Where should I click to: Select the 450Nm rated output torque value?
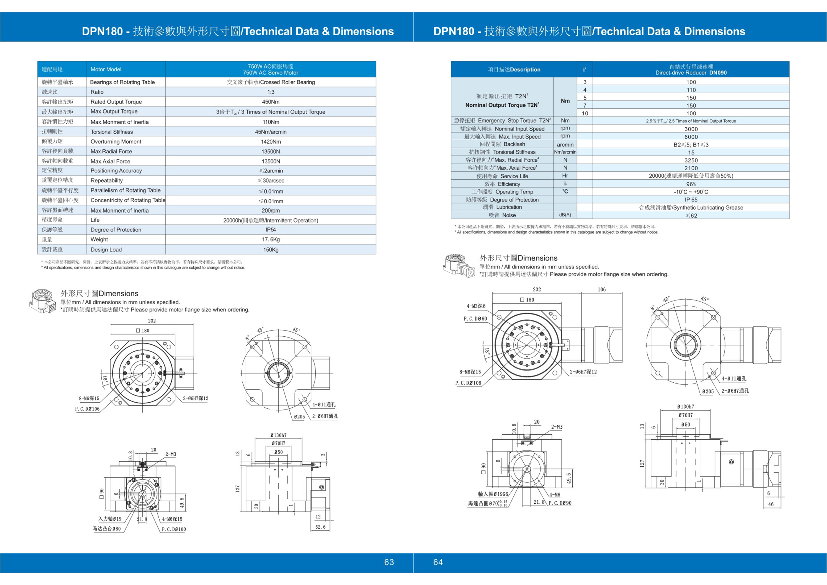[x=270, y=102]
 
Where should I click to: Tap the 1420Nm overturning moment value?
[x=270, y=142]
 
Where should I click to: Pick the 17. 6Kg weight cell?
[x=270, y=240]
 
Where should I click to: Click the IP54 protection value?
[x=270, y=230]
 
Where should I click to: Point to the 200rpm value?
[x=270, y=210]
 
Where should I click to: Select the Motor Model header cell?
[x=106, y=69]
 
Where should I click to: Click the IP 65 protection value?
[x=691, y=200]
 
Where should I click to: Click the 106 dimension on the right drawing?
[x=602, y=289]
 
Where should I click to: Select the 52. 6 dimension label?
[x=320, y=527]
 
